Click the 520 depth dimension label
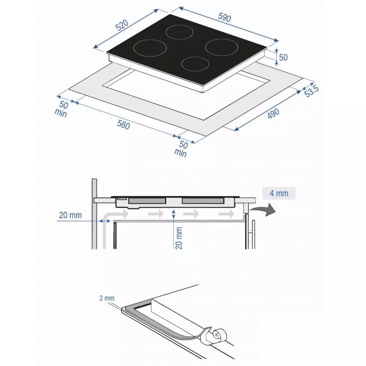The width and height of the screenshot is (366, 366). [x=122, y=25]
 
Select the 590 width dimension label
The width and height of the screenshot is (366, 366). [x=224, y=18]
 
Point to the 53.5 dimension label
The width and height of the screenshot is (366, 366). [x=311, y=91]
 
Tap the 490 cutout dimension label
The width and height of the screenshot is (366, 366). [x=273, y=114]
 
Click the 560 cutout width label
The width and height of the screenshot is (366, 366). [x=123, y=125]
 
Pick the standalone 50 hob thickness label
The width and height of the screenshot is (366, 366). [x=283, y=57]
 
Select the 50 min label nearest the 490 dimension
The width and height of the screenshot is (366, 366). [x=182, y=149]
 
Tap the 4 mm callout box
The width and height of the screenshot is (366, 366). [x=279, y=193]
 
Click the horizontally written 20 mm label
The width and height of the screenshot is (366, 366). [x=70, y=215]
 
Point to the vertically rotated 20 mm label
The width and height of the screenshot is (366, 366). [x=179, y=238]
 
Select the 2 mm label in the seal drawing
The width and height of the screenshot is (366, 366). [x=107, y=298]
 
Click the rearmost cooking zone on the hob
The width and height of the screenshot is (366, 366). [x=180, y=32]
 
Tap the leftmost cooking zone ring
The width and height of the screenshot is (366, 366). [x=150, y=48]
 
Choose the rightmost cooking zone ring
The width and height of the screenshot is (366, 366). [x=222, y=47]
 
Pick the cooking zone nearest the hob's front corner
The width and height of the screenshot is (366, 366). [x=195, y=64]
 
